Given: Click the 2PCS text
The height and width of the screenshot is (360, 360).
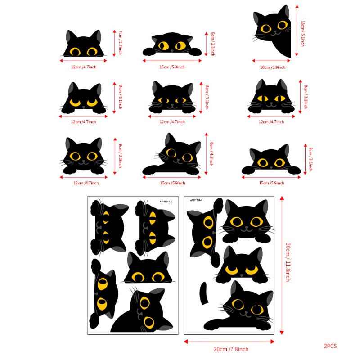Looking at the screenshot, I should click(330, 346).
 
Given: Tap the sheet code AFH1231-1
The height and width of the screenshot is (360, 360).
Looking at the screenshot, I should click(169, 202).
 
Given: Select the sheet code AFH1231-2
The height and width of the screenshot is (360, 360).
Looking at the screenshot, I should click(197, 201).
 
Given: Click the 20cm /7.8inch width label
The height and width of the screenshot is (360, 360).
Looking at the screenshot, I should click(231, 349).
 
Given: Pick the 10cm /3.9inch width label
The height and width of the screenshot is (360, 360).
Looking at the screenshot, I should click(272, 67).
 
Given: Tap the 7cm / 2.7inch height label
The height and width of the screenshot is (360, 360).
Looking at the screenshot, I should click(120, 43).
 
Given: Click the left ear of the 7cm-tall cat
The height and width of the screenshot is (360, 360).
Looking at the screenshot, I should click(71, 36).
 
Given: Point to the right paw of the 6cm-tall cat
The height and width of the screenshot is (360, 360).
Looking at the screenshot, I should click(195, 51).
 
